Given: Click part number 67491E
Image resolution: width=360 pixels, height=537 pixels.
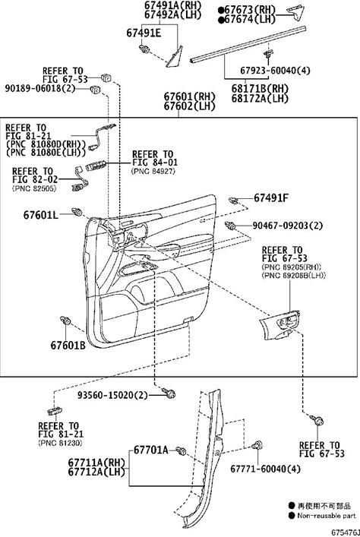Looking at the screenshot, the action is pyautogui.click(x=144, y=33).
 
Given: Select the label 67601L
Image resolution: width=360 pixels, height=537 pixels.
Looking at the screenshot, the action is pyautogui.click(x=41, y=215).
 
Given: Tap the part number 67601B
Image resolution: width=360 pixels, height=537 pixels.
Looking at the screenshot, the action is pyautogui.click(x=68, y=345).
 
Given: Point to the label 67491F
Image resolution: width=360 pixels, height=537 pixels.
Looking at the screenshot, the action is pyautogui.click(x=271, y=198).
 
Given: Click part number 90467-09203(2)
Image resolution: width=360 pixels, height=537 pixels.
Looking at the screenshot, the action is pyautogui.click(x=288, y=226).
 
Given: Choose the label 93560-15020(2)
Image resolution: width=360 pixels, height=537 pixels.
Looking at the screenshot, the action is pyautogui.click(x=112, y=395).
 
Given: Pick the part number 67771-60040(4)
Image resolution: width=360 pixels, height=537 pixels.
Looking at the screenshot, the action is pyautogui.click(x=265, y=469).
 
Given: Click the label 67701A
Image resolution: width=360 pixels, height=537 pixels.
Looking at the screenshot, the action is pyautogui.click(x=150, y=450).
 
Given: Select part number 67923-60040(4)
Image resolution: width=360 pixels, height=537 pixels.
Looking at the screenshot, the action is pyautogui.click(x=275, y=70).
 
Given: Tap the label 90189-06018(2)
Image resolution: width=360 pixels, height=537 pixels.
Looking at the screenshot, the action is pyautogui.click(x=39, y=88).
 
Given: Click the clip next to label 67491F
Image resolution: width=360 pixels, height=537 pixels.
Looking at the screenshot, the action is pyautogui.click(x=234, y=200).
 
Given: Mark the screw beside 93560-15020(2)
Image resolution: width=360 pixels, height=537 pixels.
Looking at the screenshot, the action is pyautogui.click(x=169, y=393).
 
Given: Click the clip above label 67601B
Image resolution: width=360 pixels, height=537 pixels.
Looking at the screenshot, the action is pyautogui.click(x=65, y=321).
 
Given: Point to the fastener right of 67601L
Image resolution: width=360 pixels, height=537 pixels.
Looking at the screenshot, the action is pyautogui.click(x=77, y=212).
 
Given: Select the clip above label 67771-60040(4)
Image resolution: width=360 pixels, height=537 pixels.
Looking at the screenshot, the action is pyautogui.click(x=257, y=445).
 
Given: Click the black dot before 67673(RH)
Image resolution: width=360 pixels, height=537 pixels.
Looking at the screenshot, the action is pyautogui.click(x=221, y=10).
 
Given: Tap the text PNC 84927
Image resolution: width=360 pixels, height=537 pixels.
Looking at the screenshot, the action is pyautogui.click(x=153, y=171).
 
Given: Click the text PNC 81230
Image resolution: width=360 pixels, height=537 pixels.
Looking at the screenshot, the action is pyautogui.click(x=60, y=443).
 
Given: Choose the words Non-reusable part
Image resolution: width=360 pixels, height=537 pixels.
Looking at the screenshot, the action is pyautogui.click(x=327, y=516).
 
